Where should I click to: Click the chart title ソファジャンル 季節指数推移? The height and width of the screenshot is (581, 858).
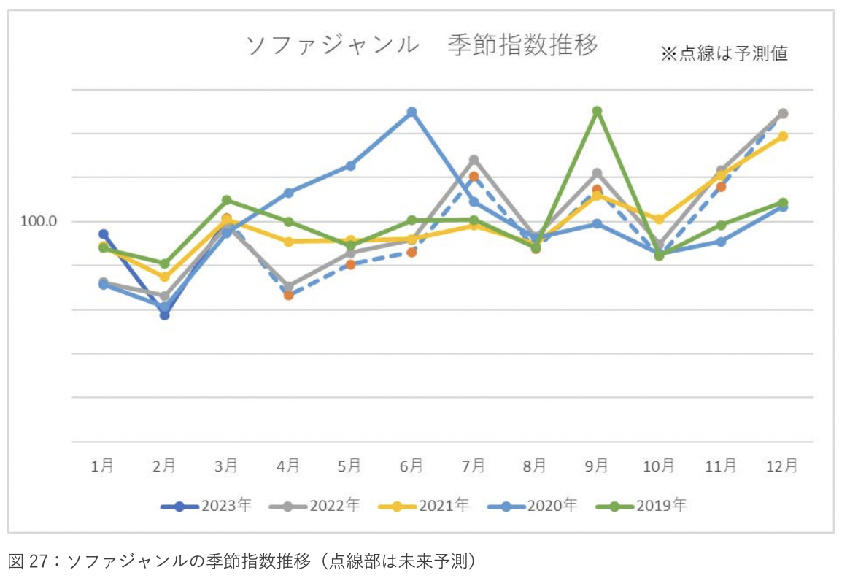pos(422,45)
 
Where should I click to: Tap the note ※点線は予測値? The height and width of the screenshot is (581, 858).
pos(724,54)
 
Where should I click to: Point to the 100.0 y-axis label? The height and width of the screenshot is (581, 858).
pos(39,221)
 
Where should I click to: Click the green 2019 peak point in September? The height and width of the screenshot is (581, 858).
pos(597,111)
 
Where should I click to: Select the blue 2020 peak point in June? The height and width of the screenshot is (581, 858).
pos(412,112)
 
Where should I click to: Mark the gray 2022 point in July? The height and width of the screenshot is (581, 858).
pos(474,160)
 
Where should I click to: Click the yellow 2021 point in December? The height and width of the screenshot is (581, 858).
pos(782,136)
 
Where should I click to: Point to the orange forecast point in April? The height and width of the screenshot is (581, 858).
pos(289,295)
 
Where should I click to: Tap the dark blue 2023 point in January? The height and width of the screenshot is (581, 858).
pos(104,234)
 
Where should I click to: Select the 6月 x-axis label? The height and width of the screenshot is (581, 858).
pos(411,466)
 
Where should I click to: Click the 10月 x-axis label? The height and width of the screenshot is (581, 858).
pos(658,466)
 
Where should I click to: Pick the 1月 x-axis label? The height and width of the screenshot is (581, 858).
pos(103,466)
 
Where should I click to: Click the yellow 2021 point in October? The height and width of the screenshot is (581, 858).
pos(659,219)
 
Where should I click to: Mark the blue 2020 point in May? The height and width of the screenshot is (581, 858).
pos(350,166)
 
